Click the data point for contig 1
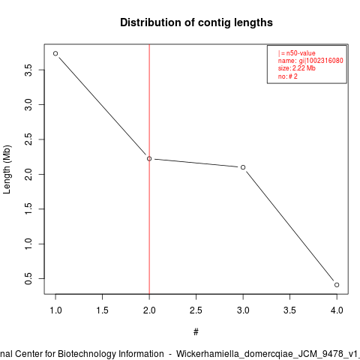point(55,53)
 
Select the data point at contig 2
point(149,159)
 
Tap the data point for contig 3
point(243,167)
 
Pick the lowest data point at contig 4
point(337,285)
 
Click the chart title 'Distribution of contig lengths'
point(196,22)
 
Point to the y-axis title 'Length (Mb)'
point(7,169)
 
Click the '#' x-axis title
point(196,332)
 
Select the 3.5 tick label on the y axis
point(28,70)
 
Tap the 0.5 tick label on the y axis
point(28,279)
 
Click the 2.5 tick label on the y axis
point(28,139)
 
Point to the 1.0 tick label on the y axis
point(28,244)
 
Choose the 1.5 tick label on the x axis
point(103,310)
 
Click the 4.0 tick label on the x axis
point(337,310)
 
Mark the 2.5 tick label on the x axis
point(196,310)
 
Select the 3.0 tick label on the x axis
point(243,310)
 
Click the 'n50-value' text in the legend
point(301,53)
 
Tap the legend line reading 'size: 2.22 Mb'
point(297,68)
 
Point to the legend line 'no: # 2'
point(288,76)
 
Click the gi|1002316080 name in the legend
point(321,61)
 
